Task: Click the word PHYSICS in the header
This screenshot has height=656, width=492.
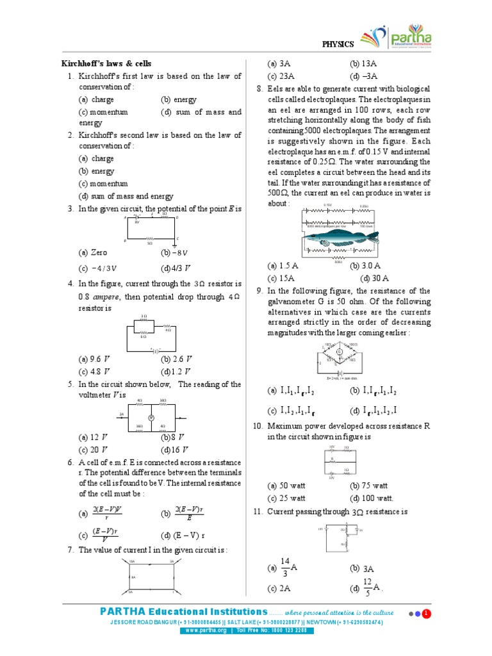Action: tap(337, 44)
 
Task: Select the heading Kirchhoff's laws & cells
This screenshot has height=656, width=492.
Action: tap(106, 63)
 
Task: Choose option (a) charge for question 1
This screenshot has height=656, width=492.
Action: tap(96, 100)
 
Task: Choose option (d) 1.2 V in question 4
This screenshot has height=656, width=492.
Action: tap(177, 371)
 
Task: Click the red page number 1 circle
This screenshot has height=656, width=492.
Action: tap(426, 614)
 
